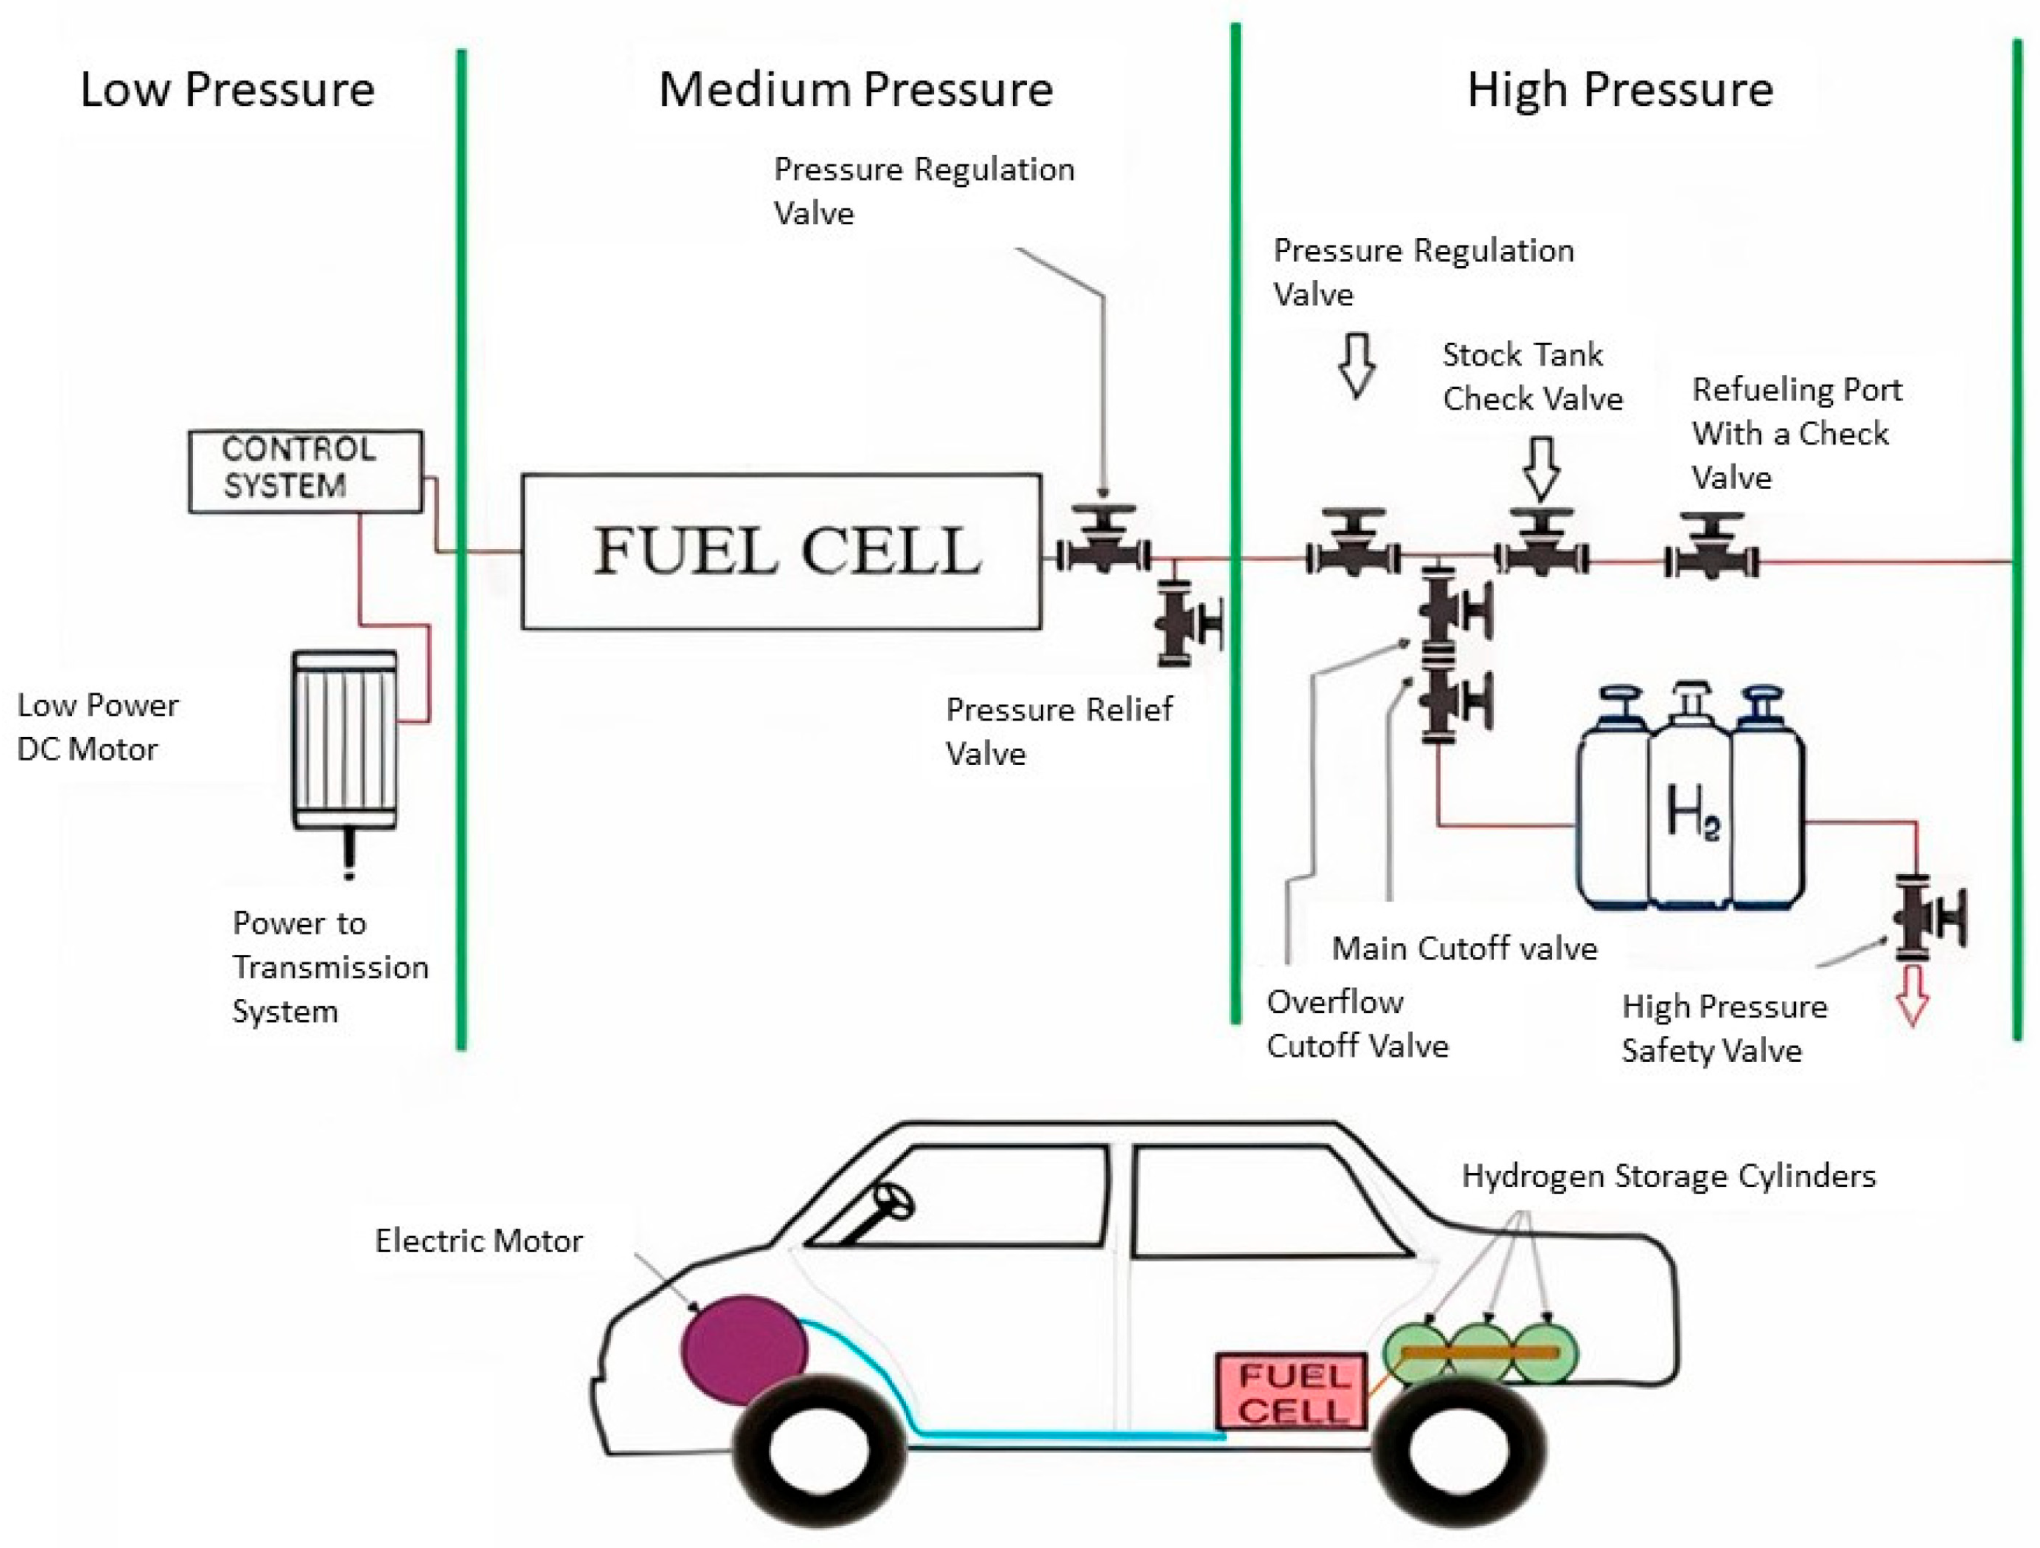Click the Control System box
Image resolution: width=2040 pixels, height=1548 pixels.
[x=305, y=470]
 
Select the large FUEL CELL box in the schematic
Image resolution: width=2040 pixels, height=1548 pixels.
[x=781, y=551]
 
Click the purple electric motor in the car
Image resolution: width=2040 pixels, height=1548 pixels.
[x=744, y=1350]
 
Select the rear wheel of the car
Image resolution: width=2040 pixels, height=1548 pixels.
[x=1460, y=1448]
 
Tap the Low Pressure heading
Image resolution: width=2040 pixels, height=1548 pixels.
[x=227, y=89]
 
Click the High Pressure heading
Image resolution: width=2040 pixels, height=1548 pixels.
[x=1619, y=89]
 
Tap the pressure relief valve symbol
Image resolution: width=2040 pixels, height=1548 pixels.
[x=1185, y=623]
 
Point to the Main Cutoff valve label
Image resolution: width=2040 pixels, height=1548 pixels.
[x=1463, y=948]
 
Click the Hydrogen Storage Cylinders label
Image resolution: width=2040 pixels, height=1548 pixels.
[x=1668, y=1176]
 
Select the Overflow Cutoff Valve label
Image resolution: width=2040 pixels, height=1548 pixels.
[x=1356, y=1024]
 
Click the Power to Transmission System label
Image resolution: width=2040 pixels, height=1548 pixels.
[x=329, y=967]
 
